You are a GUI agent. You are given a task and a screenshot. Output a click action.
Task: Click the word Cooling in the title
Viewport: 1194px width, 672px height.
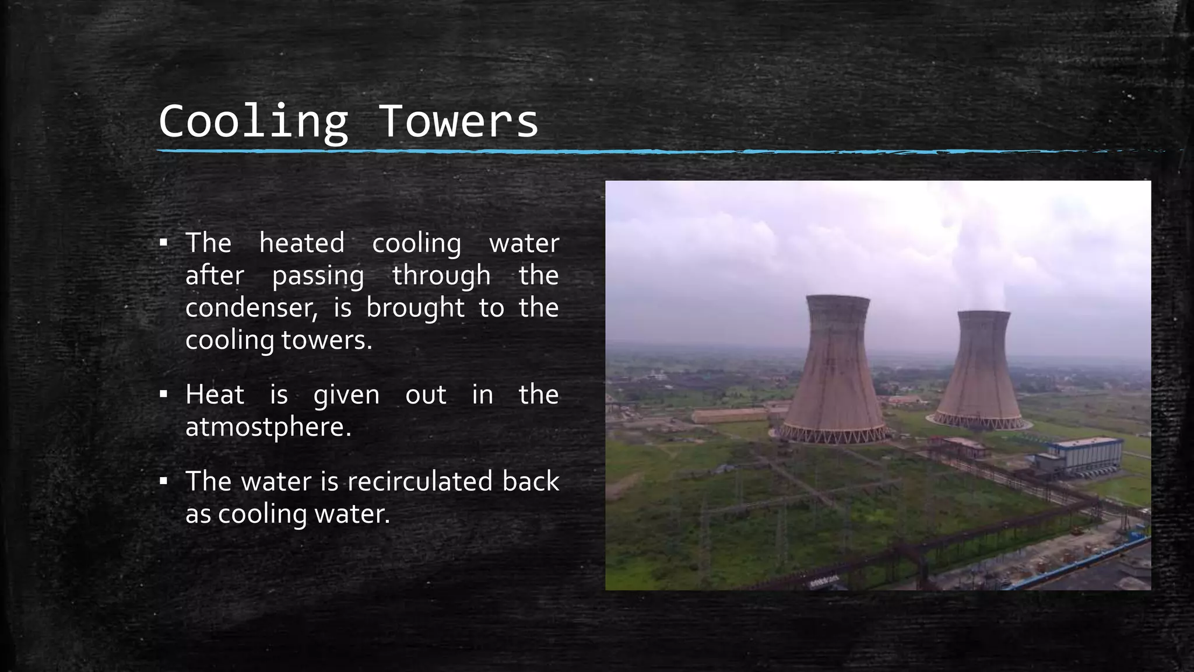tap(253, 121)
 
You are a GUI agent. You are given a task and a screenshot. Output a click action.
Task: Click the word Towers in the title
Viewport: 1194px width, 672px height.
tap(458, 121)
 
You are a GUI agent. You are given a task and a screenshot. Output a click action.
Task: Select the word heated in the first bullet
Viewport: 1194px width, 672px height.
tap(301, 243)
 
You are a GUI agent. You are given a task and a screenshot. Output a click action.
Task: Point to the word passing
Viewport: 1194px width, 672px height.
tap(318, 276)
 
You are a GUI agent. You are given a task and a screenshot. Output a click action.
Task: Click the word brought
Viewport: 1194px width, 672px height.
tap(415, 308)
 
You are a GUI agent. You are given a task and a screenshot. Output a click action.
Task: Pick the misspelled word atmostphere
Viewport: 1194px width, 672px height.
tap(268, 428)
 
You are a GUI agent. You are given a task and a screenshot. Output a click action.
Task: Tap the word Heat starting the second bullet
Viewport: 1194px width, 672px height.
tap(215, 395)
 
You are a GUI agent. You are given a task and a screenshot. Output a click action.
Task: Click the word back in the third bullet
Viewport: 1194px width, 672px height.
tap(531, 482)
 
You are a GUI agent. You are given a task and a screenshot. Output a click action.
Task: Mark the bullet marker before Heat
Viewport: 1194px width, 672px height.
tap(164, 395)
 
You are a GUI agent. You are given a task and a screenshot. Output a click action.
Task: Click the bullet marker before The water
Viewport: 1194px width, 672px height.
tap(164, 482)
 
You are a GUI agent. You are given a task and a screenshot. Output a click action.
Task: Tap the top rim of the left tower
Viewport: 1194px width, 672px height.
tap(837, 299)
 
